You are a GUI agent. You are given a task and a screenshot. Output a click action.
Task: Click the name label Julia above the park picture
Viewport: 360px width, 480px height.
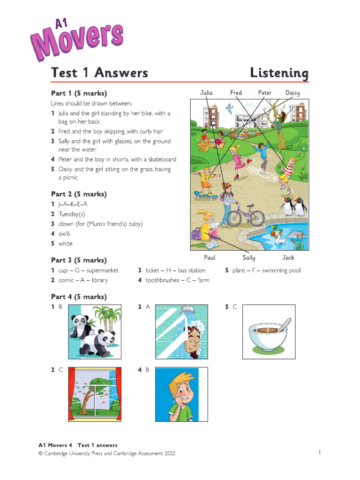pyautogui.click(x=206, y=92)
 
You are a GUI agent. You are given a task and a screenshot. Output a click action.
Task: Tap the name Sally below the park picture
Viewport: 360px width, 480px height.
pyautogui.click(x=249, y=258)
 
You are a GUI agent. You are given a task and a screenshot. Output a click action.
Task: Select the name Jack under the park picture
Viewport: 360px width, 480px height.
pyautogui.click(x=288, y=258)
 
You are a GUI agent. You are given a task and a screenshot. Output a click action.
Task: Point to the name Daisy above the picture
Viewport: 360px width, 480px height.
pyautogui.click(x=292, y=93)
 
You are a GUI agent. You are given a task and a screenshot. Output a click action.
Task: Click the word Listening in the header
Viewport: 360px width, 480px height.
pyautogui.click(x=279, y=73)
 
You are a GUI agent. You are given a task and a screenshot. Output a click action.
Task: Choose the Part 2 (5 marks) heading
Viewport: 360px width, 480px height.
pyautogui.click(x=79, y=194)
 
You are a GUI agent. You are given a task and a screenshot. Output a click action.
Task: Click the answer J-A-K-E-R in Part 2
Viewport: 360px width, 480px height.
pyautogui.click(x=73, y=204)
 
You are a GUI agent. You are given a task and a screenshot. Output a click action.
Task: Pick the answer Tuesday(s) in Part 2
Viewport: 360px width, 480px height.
pyautogui.click(x=72, y=214)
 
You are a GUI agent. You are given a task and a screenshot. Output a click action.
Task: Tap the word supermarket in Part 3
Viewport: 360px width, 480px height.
pyautogui.click(x=102, y=270)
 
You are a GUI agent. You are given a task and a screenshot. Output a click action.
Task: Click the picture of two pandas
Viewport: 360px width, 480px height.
pyautogui.click(x=95, y=332)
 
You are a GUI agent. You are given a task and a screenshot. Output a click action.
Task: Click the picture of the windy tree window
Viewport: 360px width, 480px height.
pyautogui.click(x=95, y=394)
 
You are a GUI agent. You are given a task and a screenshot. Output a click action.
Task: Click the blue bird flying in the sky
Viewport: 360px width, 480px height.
pyautogui.click(x=229, y=108)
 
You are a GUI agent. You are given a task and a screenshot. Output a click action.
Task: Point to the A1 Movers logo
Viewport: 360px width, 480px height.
pyautogui.click(x=77, y=39)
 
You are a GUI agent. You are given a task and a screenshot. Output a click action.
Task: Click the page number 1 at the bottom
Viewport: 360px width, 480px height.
pyautogui.click(x=320, y=453)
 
